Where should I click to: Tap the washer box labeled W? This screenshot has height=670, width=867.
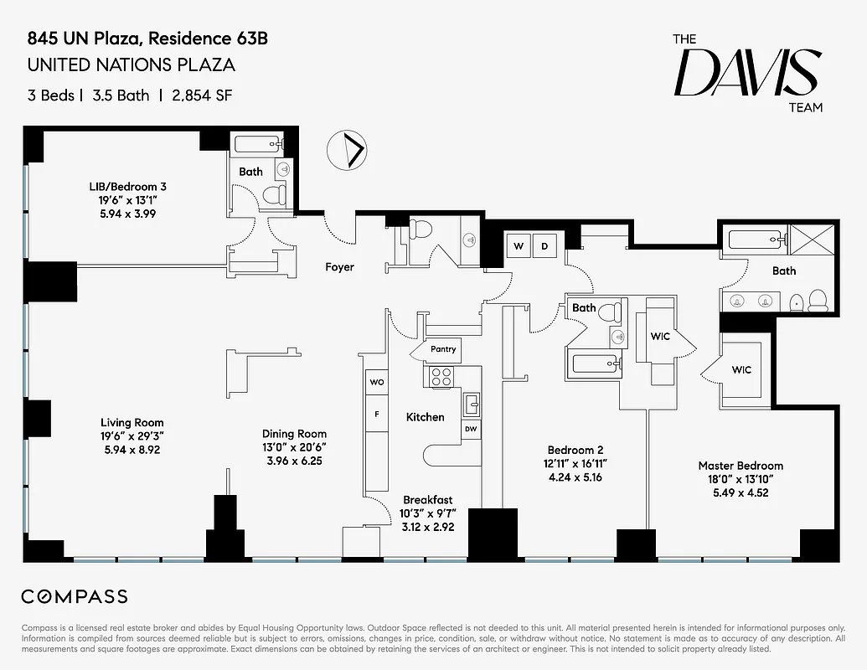[519, 246]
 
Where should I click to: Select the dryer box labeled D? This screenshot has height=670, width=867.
[544, 246]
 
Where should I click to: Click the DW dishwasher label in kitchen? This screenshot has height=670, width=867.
[471, 429]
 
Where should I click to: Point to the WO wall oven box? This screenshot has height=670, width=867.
[377, 382]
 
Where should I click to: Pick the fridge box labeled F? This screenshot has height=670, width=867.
[377, 414]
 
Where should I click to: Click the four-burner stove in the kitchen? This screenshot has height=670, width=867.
[441, 377]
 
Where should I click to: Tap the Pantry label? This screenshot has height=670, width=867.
[443, 349]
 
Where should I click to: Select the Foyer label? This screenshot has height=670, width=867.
[339, 267]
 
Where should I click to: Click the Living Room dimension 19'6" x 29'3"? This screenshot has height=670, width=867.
[132, 436]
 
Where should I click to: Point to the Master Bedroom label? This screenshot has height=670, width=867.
[741, 466]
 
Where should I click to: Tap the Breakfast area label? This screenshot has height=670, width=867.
[427, 500]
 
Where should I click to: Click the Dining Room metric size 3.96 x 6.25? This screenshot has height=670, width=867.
[294, 461]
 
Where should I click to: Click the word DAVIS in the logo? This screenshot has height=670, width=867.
[747, 73]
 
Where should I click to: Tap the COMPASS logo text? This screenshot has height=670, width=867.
[75, 596]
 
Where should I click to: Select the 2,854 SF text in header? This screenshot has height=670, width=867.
[202, 95]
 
